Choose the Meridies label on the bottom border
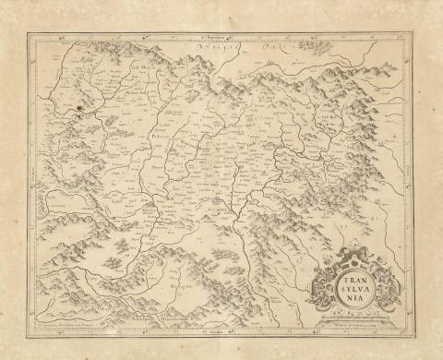(219, 330)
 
